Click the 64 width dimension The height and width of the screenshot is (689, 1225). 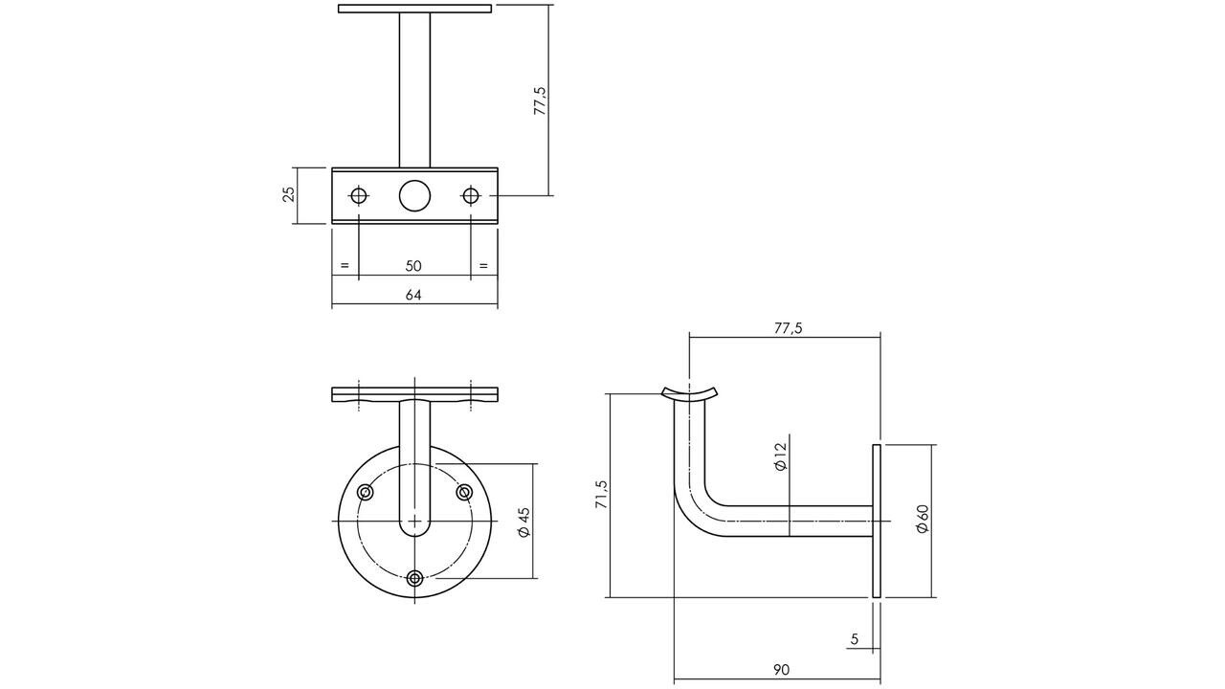click(x=413, y=295)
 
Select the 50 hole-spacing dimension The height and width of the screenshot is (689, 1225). click(x=413, y=266)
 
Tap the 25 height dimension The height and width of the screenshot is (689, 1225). click(x=288, y=195)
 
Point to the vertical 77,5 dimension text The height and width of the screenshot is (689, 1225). click(x=540, y=100)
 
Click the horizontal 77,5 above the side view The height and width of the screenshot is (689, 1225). click(x=787, y=328)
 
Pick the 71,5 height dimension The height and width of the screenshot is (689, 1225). click(x=601, y=495)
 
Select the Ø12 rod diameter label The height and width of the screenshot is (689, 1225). click(x=780, y=456)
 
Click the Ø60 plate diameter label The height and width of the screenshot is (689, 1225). click(x=923, y=519)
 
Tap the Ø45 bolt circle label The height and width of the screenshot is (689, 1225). click(x=523, y=522)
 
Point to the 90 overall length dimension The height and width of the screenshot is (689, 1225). click(x=781, y=670)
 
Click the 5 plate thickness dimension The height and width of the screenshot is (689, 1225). click(x=854, y=639)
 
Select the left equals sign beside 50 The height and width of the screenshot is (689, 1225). click(x=345, y=266)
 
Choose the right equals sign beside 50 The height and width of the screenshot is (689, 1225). click(x=483, y=266)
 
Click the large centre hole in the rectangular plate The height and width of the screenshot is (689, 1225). click(x=414, y=195)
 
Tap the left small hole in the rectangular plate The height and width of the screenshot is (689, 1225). click(x=359, y=195)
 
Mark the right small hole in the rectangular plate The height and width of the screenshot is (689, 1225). click(x=470, y=195)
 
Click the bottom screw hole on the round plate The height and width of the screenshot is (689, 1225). click(x=414, y=577)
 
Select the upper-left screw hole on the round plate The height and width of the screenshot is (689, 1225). click(x=366, y=492)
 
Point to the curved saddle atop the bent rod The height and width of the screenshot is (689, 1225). click(x=689, y=392)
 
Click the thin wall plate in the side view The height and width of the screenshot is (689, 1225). click(x=876, y=522)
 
